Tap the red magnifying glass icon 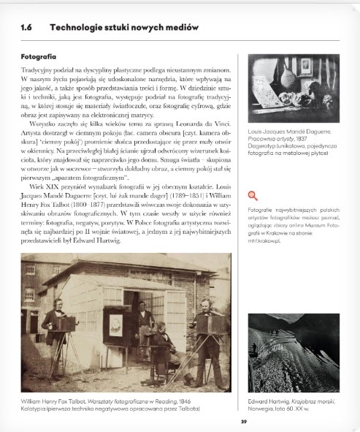tap(253, 195)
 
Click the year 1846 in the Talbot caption tap(186, 398)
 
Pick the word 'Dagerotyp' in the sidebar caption tap(263, 145)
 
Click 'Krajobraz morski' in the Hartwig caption tap(301, 398)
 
